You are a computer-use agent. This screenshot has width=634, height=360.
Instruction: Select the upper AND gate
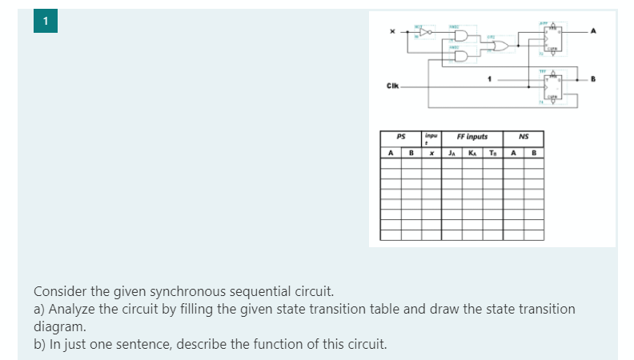[463, 37]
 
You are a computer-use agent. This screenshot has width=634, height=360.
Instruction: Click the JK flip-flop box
[553, 38]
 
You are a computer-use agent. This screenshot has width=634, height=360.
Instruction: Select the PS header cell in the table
[400, 138]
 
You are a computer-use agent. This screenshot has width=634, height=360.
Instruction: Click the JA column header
[453, 153]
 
